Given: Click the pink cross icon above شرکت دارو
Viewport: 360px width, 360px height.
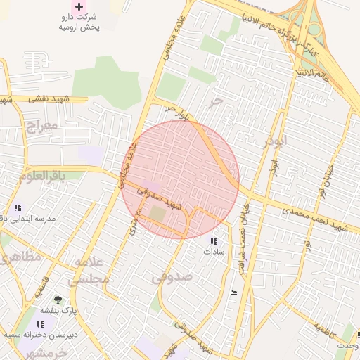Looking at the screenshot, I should (79, 6).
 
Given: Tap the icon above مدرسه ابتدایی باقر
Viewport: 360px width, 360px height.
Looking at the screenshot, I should (18, 207).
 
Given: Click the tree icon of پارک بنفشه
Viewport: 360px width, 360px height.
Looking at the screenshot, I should (58, 299).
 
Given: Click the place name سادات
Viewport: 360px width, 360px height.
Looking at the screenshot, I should (214, 251).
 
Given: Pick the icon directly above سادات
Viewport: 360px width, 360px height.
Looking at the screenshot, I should (214, 240).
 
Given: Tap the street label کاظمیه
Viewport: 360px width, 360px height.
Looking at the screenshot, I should (326, 328).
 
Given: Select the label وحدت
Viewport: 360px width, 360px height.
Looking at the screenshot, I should (347, 346).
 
